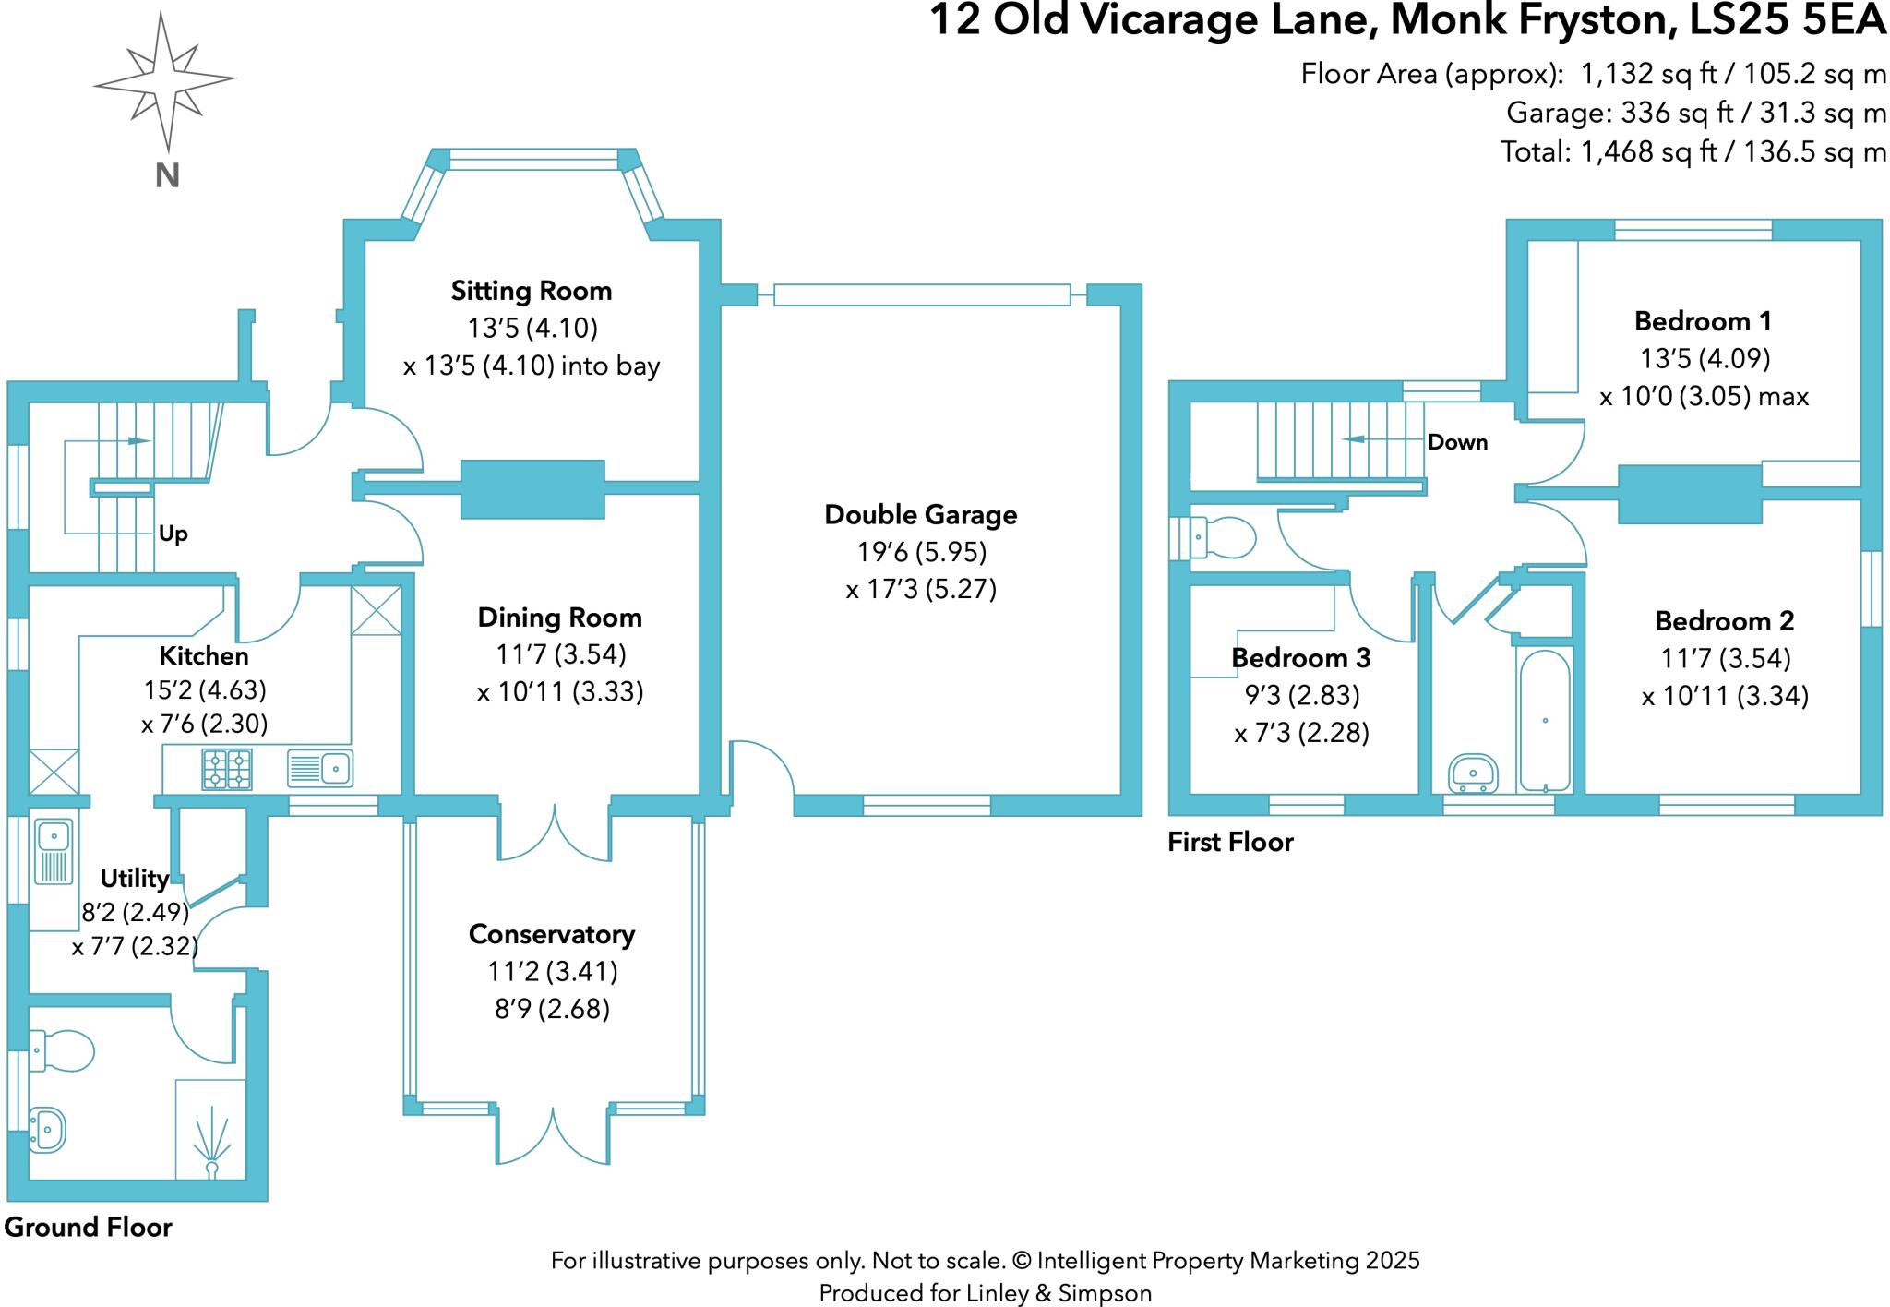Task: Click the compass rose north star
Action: tap(165, 81)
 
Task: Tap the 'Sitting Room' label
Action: tap(531, 291)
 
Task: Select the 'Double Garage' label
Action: tap(920, 514)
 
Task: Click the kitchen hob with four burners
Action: tap(227, 769)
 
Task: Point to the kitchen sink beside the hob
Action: tap(319, 768)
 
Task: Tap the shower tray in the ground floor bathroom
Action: tap(210, 1130)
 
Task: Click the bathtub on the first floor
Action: tap(1544, 721)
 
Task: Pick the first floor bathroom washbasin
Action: tap(1473, 773)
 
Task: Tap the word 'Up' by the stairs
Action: tap(173, 534)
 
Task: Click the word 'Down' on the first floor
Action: tap(1457, 442)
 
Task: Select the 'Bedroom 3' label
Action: tap(1300, 658)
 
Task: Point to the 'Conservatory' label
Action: tap(551, 934)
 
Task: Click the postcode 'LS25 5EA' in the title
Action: tap(1787, 20)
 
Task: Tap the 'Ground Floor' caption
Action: tap(89, 1227)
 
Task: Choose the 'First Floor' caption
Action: tap(1230, 842)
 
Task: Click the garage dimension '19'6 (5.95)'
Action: tap(921, 552)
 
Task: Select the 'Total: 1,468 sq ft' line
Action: tap(1693, 151)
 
